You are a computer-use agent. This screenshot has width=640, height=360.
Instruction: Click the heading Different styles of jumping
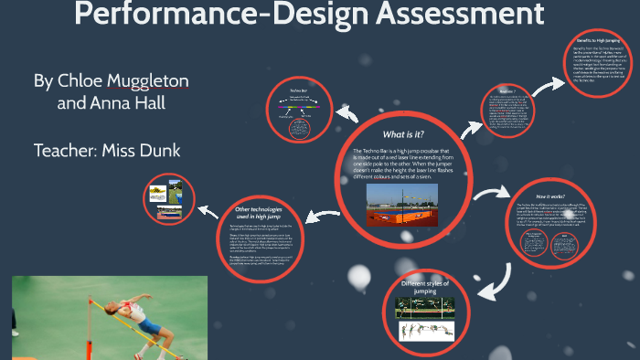pos(427,286)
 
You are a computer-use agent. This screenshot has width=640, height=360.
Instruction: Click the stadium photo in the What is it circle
pos(401,205)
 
